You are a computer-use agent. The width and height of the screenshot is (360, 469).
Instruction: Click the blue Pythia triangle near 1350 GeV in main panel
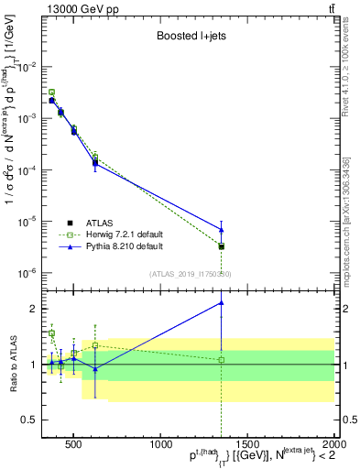click(222, 229)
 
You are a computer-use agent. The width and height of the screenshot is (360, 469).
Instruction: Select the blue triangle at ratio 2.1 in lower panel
click(222, 302)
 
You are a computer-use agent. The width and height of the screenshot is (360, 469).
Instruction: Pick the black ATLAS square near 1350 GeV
click(222, 246)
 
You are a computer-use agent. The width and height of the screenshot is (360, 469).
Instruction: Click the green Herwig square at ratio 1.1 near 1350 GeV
click(222, 359)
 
